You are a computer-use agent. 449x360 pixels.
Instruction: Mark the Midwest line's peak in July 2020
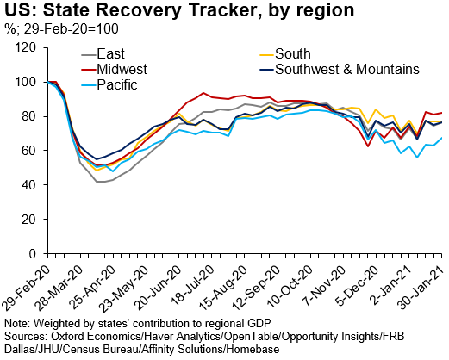pos(203,93)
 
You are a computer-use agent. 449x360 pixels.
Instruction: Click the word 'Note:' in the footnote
pos(18,322)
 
